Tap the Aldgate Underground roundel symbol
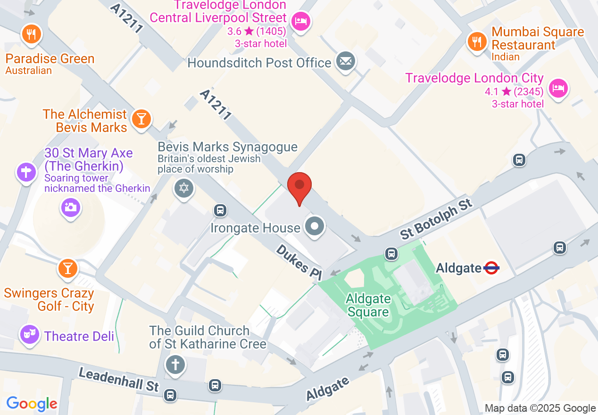[x=491, y=268]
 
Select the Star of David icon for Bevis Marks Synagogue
[x=184, y=188]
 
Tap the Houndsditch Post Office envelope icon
[x=346, y=61]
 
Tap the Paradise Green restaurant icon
[x=32, y=34]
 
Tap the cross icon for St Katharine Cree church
[x=175, y=365]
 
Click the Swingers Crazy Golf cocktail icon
[x=67, y=268]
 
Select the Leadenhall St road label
[x=118, y=379]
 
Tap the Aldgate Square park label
[x=368, y=305]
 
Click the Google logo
[x=32, y=404]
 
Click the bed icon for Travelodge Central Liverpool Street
[x=300, y=21]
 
